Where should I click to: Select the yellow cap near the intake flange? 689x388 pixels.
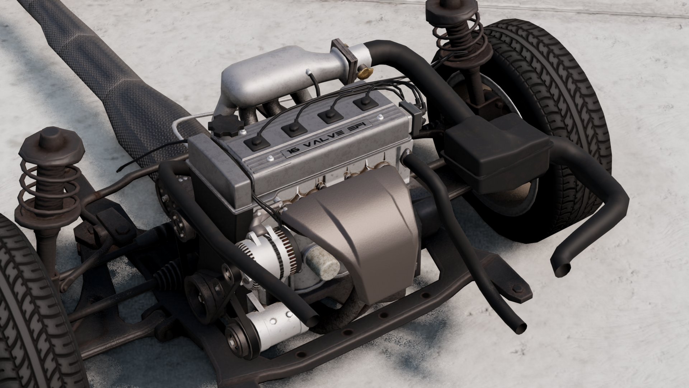coord(364,74)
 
